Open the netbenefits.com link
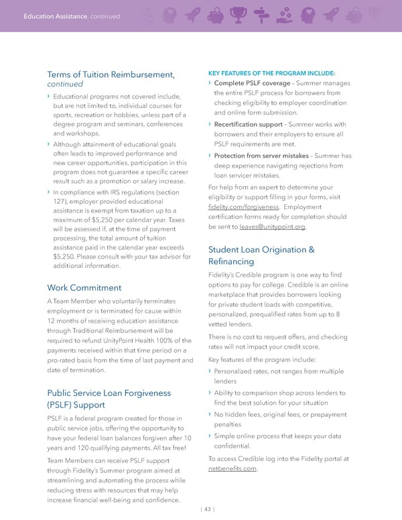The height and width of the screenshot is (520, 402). click(232, 469)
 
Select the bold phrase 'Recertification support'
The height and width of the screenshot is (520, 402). click(247, 125)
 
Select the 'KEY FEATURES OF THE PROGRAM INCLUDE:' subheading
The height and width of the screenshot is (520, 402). click(272, 72)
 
